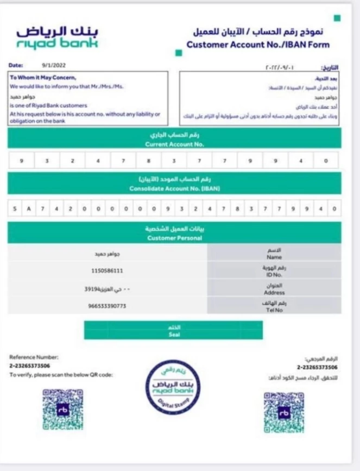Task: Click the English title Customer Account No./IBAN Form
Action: tap(258, 45)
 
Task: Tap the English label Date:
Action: tap(16, 66)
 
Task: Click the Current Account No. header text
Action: tap(174, 145)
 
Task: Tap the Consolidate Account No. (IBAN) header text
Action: tap(174, 189)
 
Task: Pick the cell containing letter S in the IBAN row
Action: tap(15, 208)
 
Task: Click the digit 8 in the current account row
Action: tap(148, 161)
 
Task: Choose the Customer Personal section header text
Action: tap(174, 238)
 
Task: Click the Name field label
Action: tap(274, 257)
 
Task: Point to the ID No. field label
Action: tap(274, 275)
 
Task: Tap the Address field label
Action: tap(274, 292)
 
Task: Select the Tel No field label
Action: tap(274, 310)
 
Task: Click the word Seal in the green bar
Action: tap(174, 335)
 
